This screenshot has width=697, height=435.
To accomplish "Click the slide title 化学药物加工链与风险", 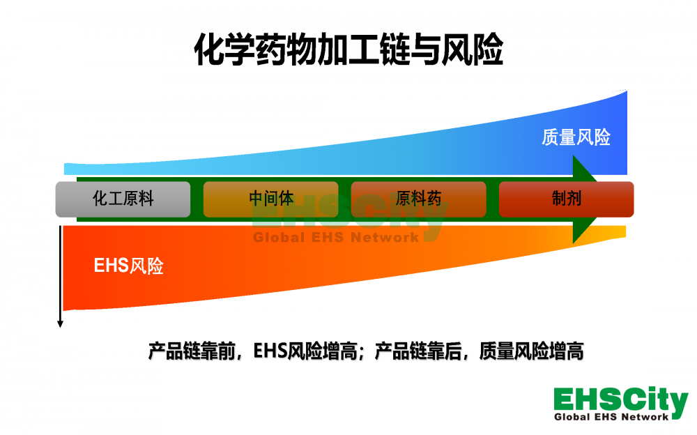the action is [x=348, y=49].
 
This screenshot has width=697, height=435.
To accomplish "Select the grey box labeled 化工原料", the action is [x=123, y=199].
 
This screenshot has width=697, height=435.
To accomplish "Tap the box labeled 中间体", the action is [x=270, y=199].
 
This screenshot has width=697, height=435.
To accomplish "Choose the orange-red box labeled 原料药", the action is [x=418, y=199].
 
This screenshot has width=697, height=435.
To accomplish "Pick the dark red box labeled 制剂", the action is [x=566, y=199].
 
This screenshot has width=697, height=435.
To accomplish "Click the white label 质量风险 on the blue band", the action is [x=576, y=137].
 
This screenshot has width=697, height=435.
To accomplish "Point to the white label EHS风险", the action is [x=128, y=266].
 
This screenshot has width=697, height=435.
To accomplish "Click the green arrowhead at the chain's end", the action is [x=585, y=199].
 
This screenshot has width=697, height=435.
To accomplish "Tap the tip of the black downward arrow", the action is [x=60, y=327].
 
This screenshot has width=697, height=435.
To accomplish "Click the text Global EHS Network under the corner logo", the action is [x=611, y=417].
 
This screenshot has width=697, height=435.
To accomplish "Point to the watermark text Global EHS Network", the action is [x=336, y=238].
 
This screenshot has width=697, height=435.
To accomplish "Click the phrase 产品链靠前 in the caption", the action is [x=192, y=351].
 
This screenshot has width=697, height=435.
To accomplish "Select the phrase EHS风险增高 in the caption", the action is [x=306, y=351].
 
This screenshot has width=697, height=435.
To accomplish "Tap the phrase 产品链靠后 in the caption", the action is [x=418, y=351].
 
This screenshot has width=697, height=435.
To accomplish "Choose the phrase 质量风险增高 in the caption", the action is [x=531, y=351].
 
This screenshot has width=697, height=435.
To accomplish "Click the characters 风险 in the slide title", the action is [x=473, y=49].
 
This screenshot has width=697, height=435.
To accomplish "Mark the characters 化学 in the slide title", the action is [x=224, y=49].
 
